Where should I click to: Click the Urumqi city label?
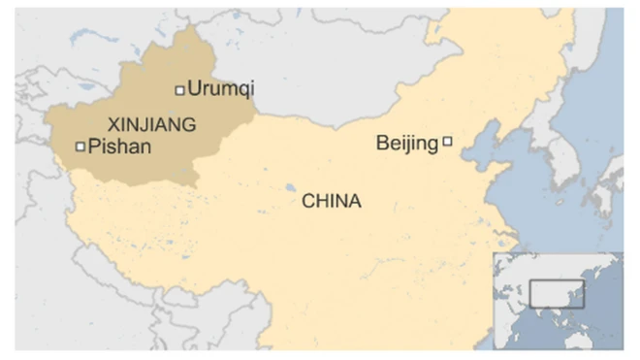click(220, 89)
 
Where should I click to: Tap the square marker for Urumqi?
click(179, 90)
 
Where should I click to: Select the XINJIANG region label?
click(151, 124)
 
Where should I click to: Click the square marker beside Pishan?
click(80, 147)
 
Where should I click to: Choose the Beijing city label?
click(406, 144)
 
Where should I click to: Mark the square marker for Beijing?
click(447, 142)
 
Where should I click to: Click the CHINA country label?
click(332, 202)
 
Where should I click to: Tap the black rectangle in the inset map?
click(557, 293)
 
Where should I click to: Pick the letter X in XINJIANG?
click(112, 124)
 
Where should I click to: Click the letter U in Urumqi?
click(194, 89)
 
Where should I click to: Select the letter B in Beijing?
click(381, 144)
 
